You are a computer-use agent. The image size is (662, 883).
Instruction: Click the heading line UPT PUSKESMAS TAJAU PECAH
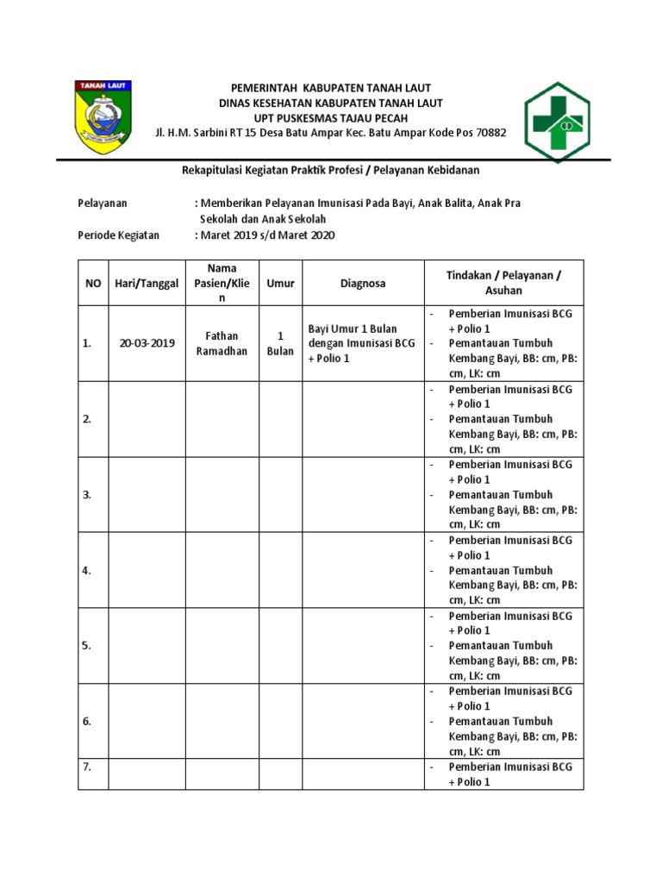[x=330, y=118]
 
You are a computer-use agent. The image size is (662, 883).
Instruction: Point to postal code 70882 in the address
[x=490, y=133]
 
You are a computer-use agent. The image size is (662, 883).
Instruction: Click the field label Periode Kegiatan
[x=119, y=235]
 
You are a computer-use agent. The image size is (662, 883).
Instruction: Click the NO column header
[x=92, y=283]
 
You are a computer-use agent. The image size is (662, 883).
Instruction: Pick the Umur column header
[x=280, y=283]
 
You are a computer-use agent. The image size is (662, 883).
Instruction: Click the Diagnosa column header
[x=362, y=283]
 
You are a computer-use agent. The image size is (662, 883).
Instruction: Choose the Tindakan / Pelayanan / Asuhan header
[x=503, y=283]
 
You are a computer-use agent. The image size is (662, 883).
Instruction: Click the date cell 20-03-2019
[x=147, y=343]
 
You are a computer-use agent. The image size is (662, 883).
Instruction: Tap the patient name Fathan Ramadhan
[x=222, y=343]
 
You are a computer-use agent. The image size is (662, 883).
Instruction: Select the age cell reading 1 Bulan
[x=280, y=343]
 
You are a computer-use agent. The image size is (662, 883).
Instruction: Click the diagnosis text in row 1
[x=362, y=343]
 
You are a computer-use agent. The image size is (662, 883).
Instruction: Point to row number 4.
[x=87, y=570]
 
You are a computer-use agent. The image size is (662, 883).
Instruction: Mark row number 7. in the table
[x=87, y=767]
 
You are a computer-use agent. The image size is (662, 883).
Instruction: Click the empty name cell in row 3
[x=222, y=495]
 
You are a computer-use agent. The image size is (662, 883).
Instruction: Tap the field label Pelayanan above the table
[x=103, y=203]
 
